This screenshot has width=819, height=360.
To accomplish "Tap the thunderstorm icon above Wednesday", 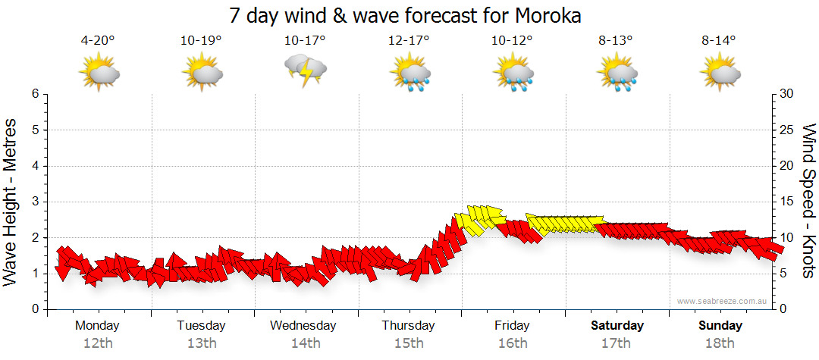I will pos(306,70).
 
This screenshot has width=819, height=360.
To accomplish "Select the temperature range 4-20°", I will pos(98,41).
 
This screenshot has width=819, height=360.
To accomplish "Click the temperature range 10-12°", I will pos(512,41).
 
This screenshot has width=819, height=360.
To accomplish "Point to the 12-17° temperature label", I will pos(409,41).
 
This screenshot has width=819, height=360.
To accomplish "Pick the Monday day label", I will pos(97,326).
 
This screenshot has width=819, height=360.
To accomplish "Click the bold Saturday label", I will pos(617,326).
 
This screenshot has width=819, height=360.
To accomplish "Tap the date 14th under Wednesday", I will pos(305,343).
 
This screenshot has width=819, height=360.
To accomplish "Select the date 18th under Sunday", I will pos(720,343).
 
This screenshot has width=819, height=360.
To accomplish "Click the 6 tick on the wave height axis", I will pos(34,94).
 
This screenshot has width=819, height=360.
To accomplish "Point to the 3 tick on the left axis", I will pos(34,202).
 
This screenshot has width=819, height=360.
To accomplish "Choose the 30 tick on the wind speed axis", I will pos(787,94).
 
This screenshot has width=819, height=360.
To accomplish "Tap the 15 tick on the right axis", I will pos(787,202).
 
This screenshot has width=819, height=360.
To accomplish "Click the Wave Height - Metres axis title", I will pos(11,202).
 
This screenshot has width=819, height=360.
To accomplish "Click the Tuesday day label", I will pos(201,326).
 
